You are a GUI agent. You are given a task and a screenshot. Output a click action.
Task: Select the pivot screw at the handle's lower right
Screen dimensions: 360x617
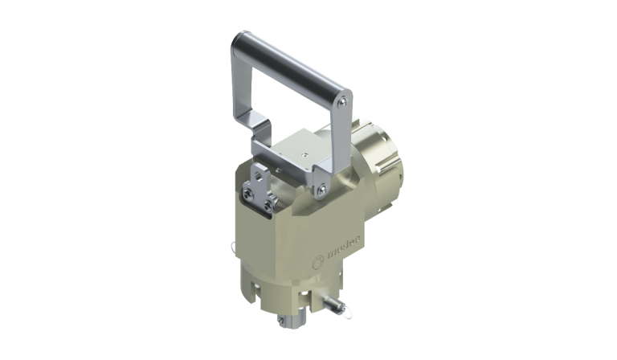[x=321, y=190]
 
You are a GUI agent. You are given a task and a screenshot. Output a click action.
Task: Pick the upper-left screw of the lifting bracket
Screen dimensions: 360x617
[x=247, y=193]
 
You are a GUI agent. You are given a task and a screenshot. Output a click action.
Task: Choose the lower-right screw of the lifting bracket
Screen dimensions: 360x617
[x=266, y=211]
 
